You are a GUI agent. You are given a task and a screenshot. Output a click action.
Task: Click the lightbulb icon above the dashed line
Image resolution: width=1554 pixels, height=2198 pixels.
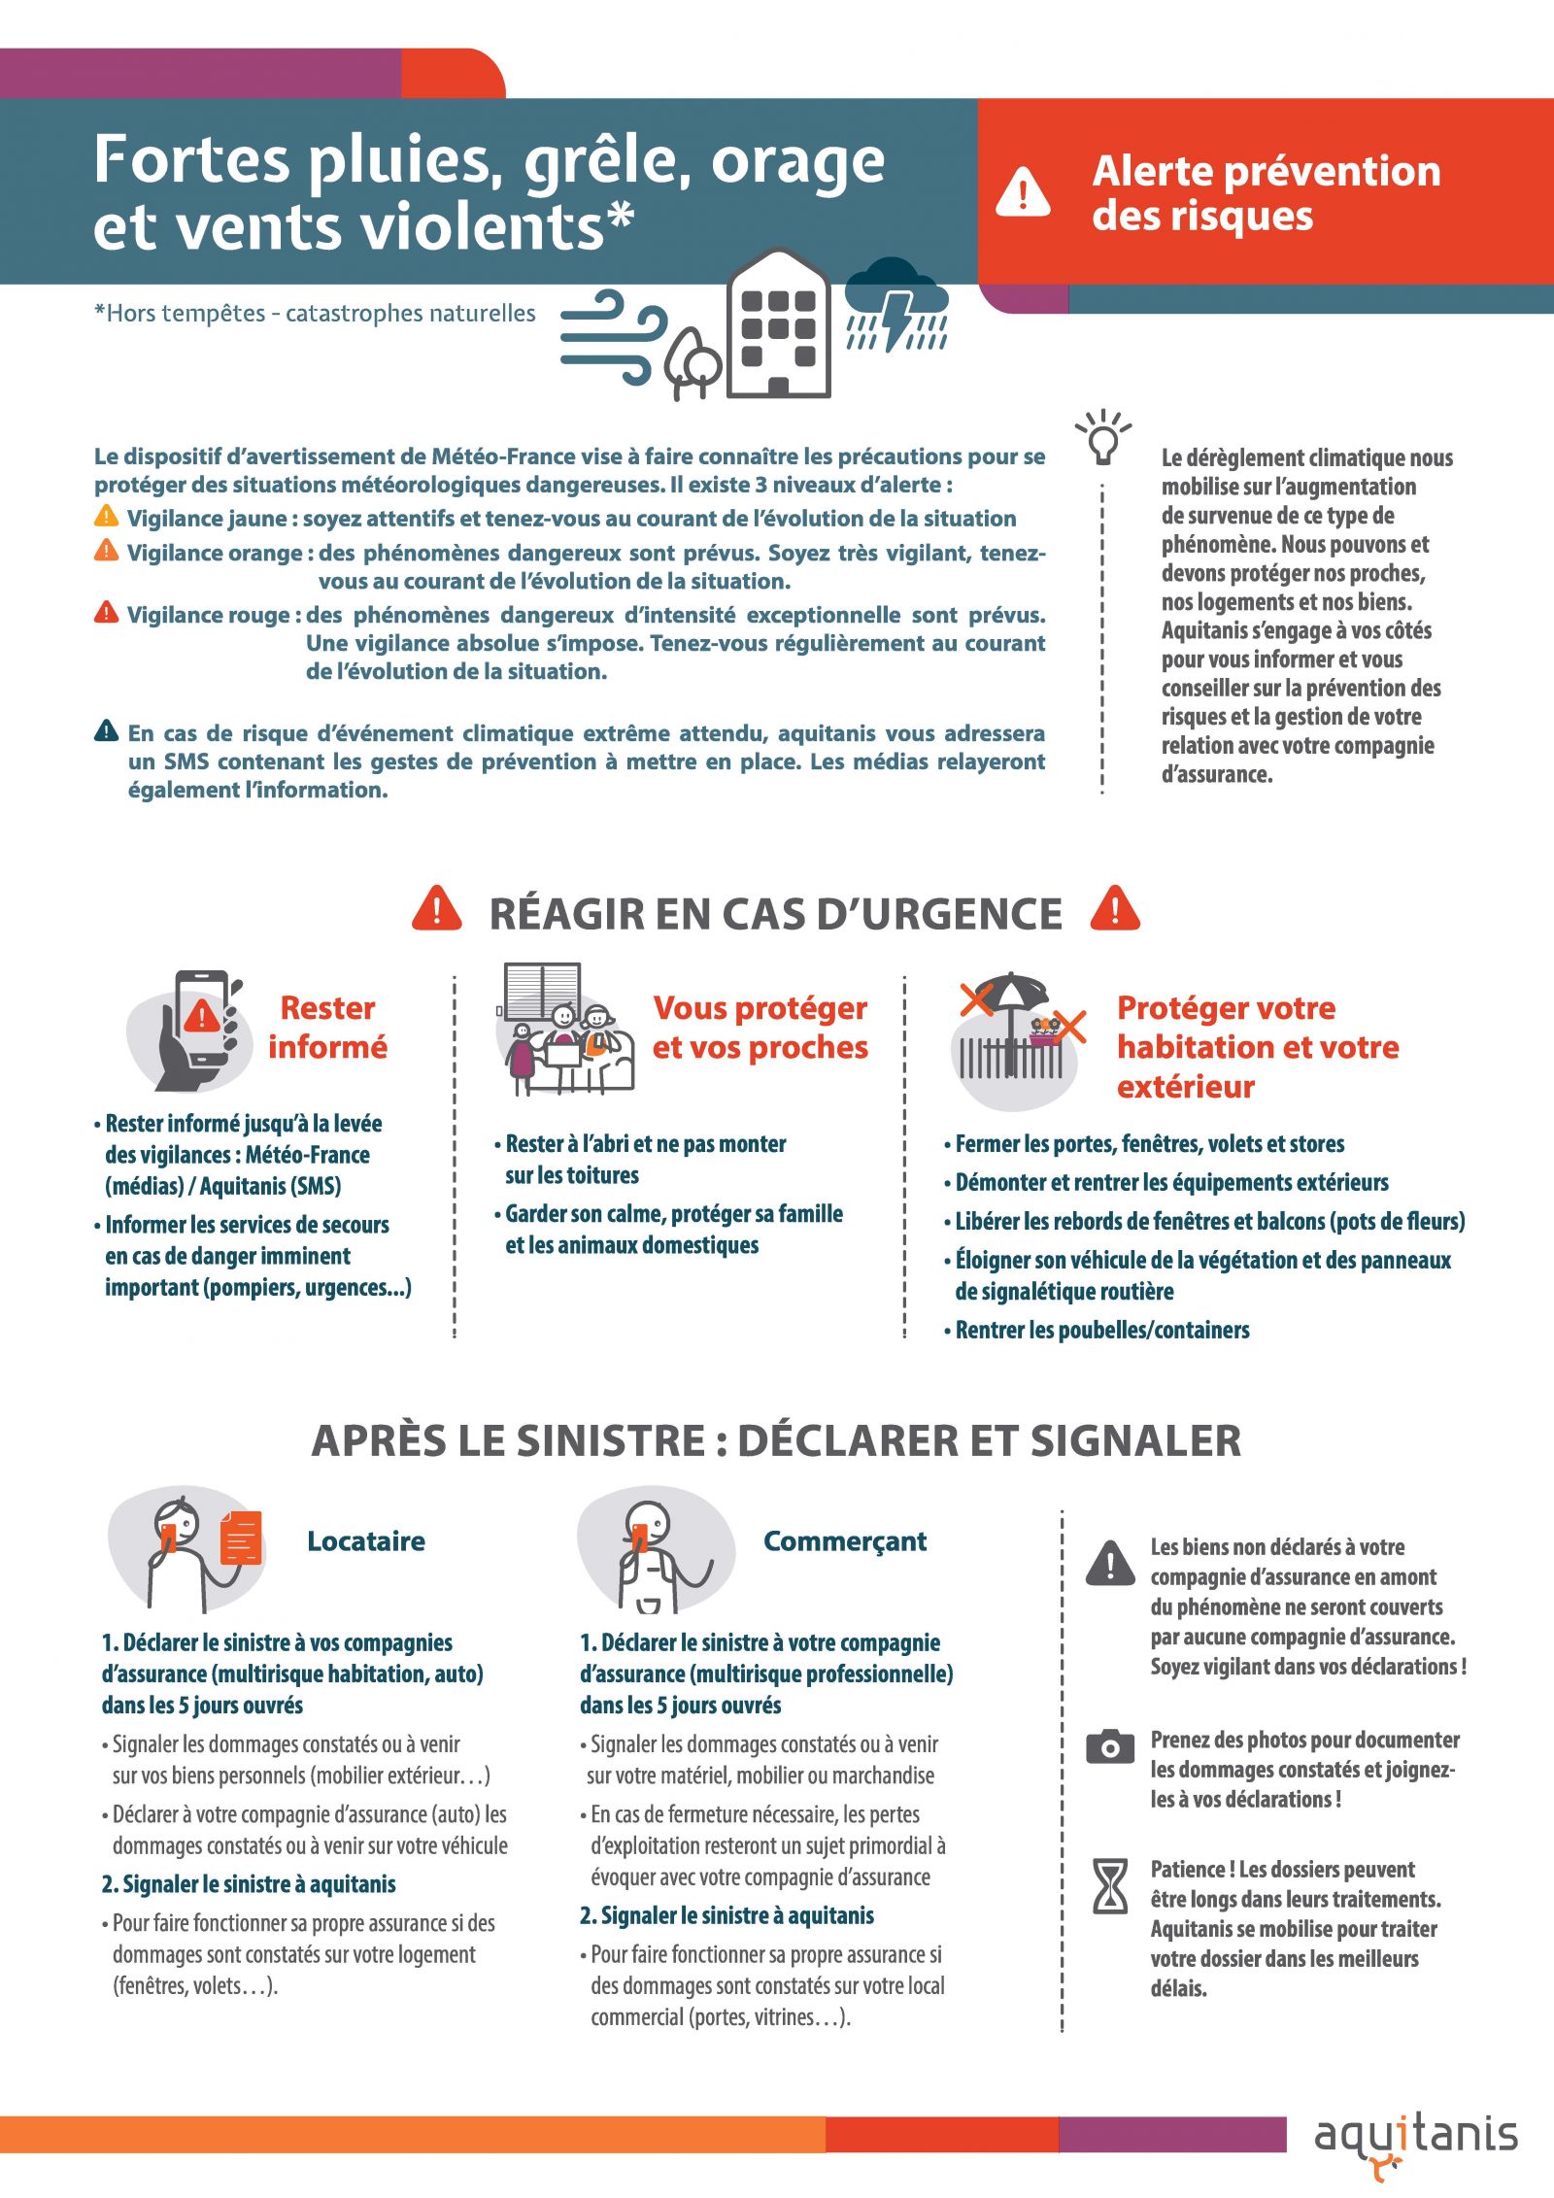(x=1102, y=437)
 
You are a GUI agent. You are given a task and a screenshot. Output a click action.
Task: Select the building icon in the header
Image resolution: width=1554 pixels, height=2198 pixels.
(x=779, y=323)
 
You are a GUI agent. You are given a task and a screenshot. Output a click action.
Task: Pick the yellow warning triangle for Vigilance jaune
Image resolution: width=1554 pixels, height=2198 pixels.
(x=106, y=516)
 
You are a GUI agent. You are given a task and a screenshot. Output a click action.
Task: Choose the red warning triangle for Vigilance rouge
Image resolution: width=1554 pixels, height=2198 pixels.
(x=106, y=612)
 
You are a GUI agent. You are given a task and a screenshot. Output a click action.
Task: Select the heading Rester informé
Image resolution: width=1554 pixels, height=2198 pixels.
(x=327, y=1027)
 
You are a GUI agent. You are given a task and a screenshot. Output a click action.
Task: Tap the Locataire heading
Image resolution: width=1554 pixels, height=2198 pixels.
(x=366, y=1540)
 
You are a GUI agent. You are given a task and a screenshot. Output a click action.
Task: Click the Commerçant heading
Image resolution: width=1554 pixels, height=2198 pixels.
(x=845, y=1541)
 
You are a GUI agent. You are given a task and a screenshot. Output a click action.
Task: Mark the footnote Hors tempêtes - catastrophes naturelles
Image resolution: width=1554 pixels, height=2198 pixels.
(x=315, y=313)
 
